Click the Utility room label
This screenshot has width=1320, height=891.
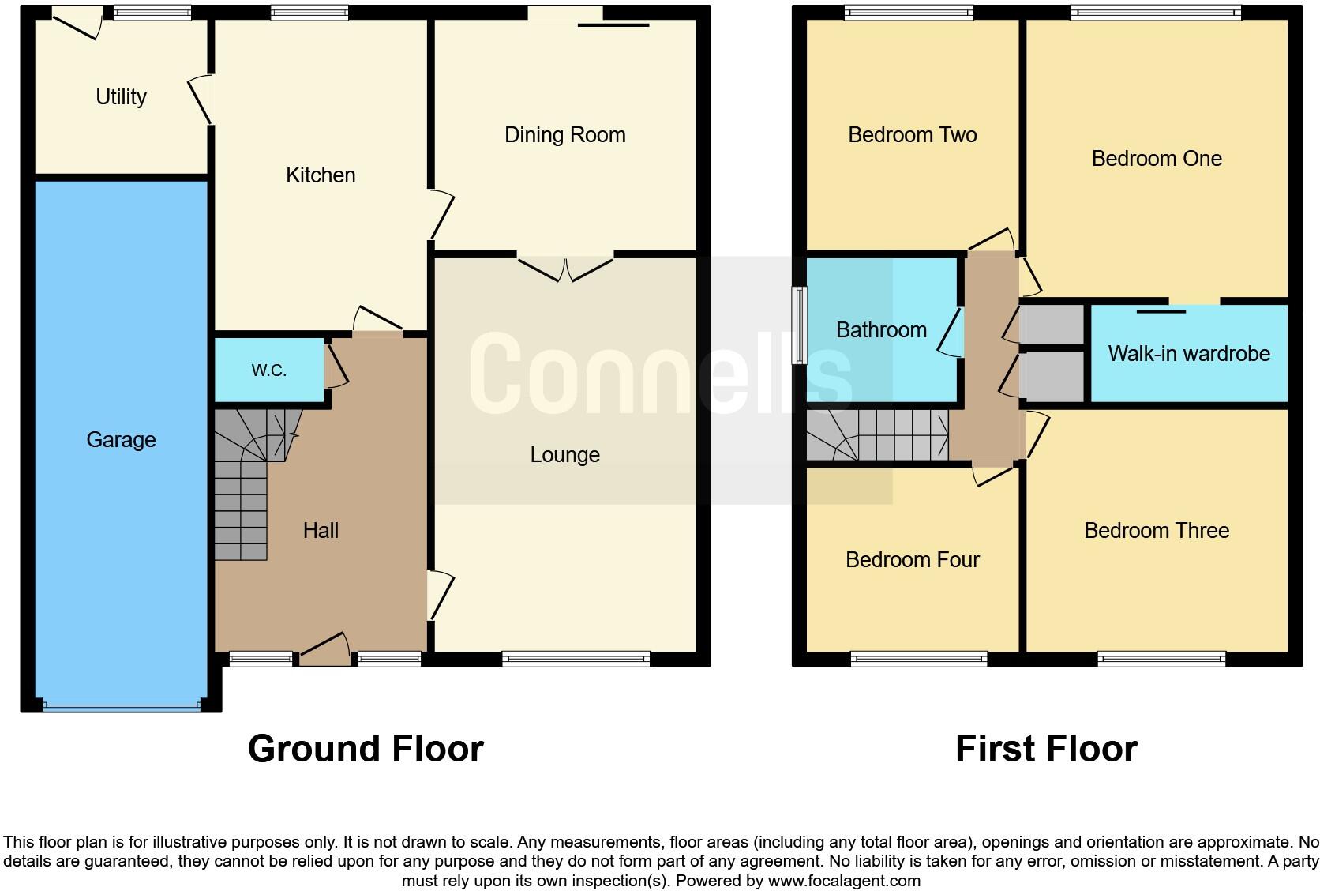pos(121,96)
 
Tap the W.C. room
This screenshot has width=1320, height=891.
pos(268,370)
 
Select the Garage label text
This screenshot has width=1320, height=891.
pos(121,439)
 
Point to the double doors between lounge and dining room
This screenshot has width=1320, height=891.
pos(565,269)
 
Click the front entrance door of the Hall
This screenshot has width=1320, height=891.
pos(324,649)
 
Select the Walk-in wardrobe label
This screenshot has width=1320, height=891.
pos(1188,353)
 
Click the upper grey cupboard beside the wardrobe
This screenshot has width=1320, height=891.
pos(1051,324)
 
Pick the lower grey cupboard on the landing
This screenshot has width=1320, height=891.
pos(1051,377)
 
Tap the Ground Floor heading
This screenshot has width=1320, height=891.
pos(366,748)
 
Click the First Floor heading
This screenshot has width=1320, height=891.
pos(1046,748)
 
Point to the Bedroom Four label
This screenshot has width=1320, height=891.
pos(912,559)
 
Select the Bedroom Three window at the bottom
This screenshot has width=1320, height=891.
pos(1161,658)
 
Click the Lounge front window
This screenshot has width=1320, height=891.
pos(576,658)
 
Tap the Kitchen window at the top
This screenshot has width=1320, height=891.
pos(309,13)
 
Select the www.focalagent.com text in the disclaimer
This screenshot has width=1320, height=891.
pos(844,880)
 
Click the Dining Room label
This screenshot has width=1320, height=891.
pos(564,134)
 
